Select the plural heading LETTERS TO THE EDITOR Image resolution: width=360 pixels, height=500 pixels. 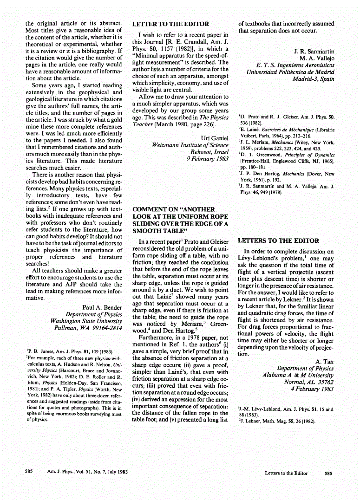278,241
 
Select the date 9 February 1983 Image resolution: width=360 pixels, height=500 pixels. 207,159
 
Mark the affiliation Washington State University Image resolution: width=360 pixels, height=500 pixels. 86,321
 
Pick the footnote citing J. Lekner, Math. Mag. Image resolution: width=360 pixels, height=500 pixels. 277,421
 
